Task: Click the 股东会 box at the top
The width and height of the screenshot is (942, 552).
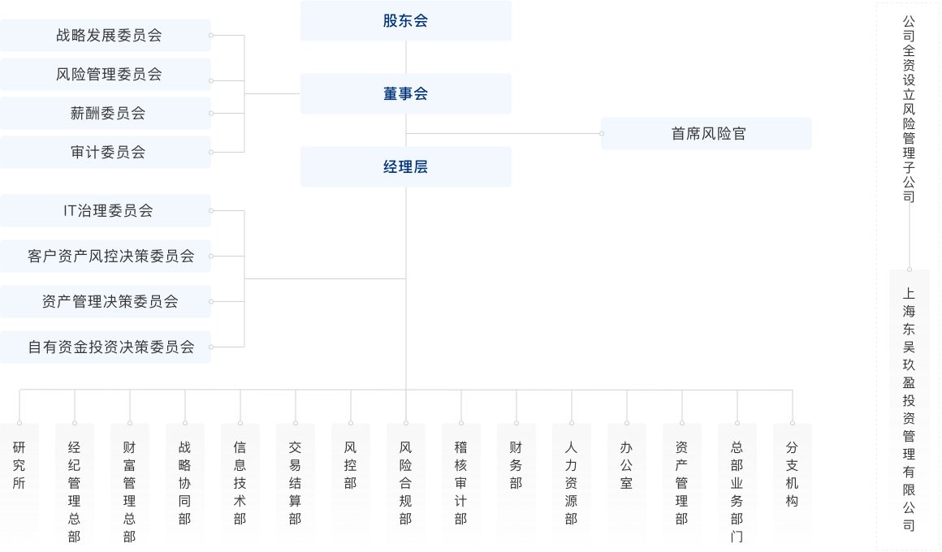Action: point(405,21)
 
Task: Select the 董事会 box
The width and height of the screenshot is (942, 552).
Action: point(405,94)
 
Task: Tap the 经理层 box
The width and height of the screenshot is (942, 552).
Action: point(405,167)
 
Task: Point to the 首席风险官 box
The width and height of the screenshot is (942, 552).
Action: point(706,134)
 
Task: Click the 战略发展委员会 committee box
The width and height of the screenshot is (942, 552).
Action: point(106,36)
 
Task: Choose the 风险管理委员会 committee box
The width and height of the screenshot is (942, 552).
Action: point(106,75)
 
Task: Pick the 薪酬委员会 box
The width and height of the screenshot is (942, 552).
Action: point(106,114)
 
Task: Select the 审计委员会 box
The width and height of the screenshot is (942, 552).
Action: point(106,153)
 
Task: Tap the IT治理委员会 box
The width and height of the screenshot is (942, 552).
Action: point(106,211)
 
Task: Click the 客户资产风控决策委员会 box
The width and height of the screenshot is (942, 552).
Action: point(106,257)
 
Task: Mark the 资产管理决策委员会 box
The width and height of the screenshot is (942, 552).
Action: point(106,302)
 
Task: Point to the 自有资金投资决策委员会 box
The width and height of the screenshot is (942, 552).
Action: point(106,347)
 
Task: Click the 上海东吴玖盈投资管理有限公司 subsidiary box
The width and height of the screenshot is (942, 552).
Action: point(909,410)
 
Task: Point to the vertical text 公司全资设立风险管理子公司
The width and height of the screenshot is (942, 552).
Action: point(909,110)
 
